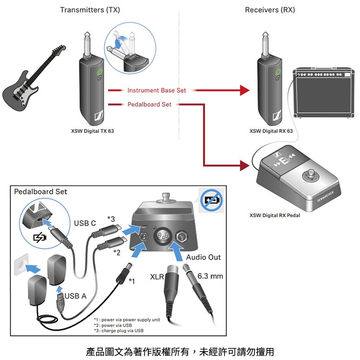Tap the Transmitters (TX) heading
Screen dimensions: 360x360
pyautogui.click(x=90, y=10)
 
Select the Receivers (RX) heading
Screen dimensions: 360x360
pyautogui.click(x=270, y=10)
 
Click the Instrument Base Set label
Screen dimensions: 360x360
pyautogui.click(x=156, y=90)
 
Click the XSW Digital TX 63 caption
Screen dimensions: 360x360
pyautogui.click(x=93, y=131)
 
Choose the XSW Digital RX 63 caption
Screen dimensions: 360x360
pyautogui.click(x=271, y=131)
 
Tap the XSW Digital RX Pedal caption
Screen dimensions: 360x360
pyautogui.click(x=275, y=215)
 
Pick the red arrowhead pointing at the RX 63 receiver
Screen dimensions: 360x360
pyautogui.click(x=245, y=90)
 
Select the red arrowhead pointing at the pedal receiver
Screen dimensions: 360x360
pyautogui.click(x=245, y=167)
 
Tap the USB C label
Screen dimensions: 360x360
pyautogui.click(x=85, y=223)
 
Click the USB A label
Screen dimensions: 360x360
pyautogui.click(x=75, y=296)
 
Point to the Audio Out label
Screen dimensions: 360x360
pyautogui.click(x=204, y=257)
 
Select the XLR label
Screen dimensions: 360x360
pyautogui.click(x=157, y=277)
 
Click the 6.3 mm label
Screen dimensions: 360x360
pyautogui.click(x=210, y=277)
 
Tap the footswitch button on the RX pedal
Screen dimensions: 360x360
pyautogui.click(x=313, y=175)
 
